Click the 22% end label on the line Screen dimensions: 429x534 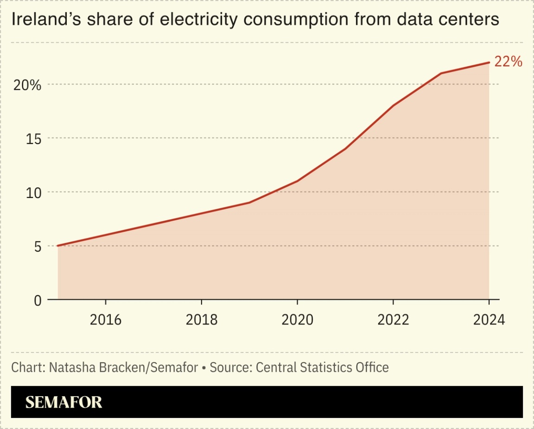click(508, 62)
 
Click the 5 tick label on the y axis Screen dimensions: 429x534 click(37, 246)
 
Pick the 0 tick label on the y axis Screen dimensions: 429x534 click(37, 300)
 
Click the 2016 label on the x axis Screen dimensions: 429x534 click(106, 320)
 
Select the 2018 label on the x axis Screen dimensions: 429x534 click(201, 320)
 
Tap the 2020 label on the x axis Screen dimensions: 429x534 click(297, 320)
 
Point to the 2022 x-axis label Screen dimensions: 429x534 click(393, 320)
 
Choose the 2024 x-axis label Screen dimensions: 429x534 click(489, 320)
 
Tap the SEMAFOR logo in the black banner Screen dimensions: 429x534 click(64, 402)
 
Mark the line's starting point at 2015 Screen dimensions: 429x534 click(58, 246)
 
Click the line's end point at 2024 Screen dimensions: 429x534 click(489, 62)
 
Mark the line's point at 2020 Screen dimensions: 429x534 click(297, 181)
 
